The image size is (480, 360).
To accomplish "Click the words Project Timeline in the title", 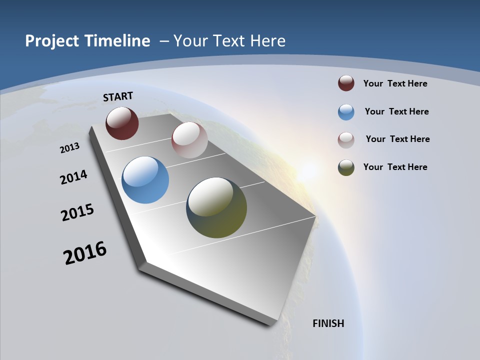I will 87,41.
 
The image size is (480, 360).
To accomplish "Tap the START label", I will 118,96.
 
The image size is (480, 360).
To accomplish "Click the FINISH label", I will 328,323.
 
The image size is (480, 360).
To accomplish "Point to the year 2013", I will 69,148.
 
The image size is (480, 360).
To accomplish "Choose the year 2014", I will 74,177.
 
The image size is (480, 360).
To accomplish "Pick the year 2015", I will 77,212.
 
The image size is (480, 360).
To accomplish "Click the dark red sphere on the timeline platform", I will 122,123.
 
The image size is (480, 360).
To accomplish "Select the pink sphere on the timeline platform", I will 189,140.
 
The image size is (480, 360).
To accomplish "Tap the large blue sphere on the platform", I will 145,180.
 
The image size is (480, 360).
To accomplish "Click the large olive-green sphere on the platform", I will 216,207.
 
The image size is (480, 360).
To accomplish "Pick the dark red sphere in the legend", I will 346,83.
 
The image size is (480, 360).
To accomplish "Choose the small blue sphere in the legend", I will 346,112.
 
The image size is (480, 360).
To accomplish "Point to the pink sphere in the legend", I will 346,140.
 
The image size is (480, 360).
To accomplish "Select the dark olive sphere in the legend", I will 346,167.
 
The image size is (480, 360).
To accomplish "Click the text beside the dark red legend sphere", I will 395,83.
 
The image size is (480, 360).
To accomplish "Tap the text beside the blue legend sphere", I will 396,111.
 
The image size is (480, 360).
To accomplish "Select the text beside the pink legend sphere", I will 397,139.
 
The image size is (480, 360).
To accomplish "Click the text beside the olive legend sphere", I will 395,167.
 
